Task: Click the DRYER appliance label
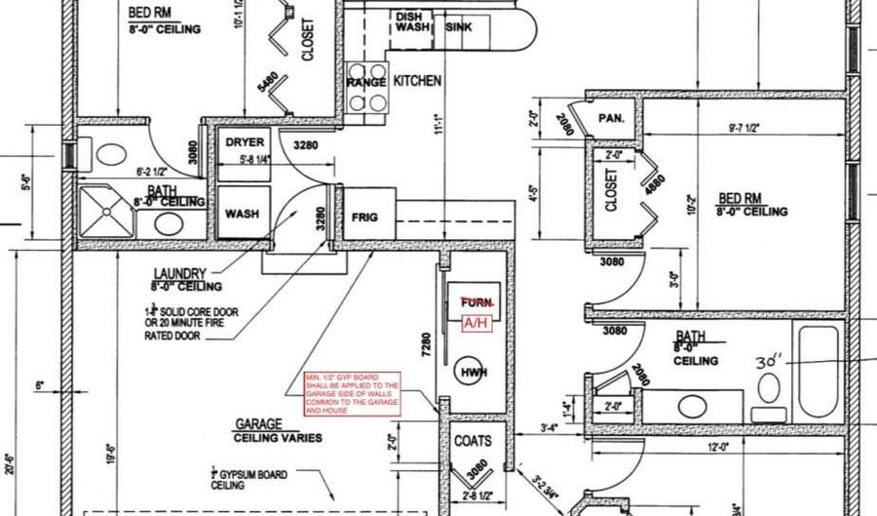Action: (245, 142)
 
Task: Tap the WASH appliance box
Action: (242, 213)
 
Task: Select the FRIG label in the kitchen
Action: (364, 218)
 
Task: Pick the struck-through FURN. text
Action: (477, 303)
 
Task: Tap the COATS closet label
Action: (473, 441)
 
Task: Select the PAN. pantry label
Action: (611, 118)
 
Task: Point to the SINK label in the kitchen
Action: (458, 27)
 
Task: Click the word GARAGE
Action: (258, 425)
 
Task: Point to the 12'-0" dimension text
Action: (719, 447)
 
